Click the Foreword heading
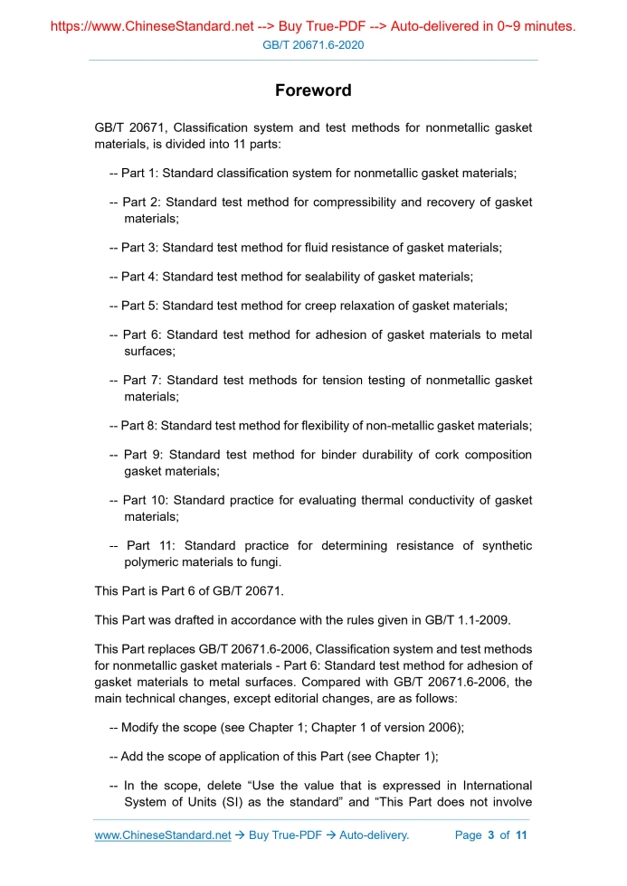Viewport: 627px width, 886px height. point(313,90)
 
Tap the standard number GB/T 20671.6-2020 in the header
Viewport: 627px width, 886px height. point(313,44)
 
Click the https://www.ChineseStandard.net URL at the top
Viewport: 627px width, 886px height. point(152,26)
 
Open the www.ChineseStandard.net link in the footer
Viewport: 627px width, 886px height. point(163,834)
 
